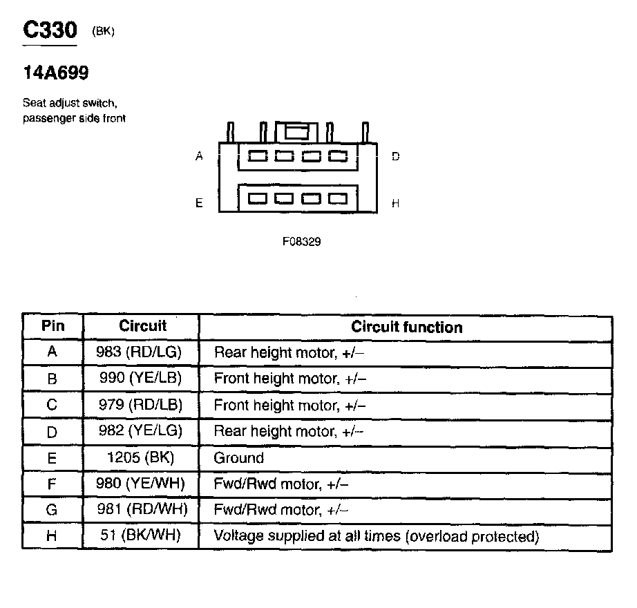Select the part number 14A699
[x=55, y=73]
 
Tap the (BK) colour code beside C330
[x=102, y=31]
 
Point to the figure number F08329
[x=301, y=242]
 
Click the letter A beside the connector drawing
[x=199, y=157]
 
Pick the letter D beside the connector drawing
[x=396, y=157]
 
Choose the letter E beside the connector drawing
[x=199, y=203]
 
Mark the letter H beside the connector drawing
[x=396, y=203]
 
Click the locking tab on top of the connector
[x=297, y=131]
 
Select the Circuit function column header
[x=407, y=327]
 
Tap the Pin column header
[x=53, y=326]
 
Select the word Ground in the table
[x=239, y=457]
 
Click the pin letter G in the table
[x=52, y=510]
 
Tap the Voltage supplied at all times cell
[x=376, y=535]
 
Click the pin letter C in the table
[x=52, y=405]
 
